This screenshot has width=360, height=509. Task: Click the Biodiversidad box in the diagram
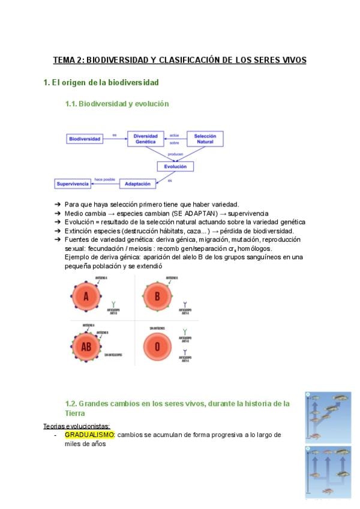tap(85, 139)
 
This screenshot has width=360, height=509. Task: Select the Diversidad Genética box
tap(146, 139)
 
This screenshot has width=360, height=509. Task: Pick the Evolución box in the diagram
tap(175, 166)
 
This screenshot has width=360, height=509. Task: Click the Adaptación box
tap(138, 183)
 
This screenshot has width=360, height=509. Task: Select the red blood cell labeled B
tap(158, 297)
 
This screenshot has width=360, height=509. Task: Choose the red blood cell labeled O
tap(158, 346)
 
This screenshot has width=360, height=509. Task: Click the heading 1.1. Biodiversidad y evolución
tap(117, 104)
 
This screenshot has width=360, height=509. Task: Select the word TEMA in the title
tap(65, 60)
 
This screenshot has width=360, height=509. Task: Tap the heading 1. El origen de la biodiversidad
tap(101, 82)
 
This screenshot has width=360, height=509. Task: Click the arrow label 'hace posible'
tap(104, 178)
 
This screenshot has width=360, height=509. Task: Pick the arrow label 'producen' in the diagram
tap(176, 154)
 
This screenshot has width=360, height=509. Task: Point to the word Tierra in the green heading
tap(75, 414)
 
